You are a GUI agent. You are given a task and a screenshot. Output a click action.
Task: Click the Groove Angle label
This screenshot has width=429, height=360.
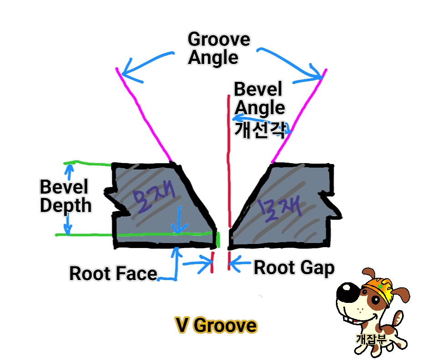pos(218,48)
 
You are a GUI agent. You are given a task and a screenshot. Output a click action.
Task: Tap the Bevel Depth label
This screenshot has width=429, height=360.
pos(65,196)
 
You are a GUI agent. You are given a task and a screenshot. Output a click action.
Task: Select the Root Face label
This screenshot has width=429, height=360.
pos(113,273)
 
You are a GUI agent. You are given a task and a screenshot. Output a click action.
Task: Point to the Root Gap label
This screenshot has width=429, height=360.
pos(293,268)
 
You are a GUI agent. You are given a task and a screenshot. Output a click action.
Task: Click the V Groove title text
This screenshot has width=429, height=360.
pos(215,326)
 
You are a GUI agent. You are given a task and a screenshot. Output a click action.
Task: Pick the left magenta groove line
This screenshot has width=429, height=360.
pos(144,114)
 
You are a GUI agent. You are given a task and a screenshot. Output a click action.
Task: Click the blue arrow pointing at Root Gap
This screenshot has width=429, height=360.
pos(240,265)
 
